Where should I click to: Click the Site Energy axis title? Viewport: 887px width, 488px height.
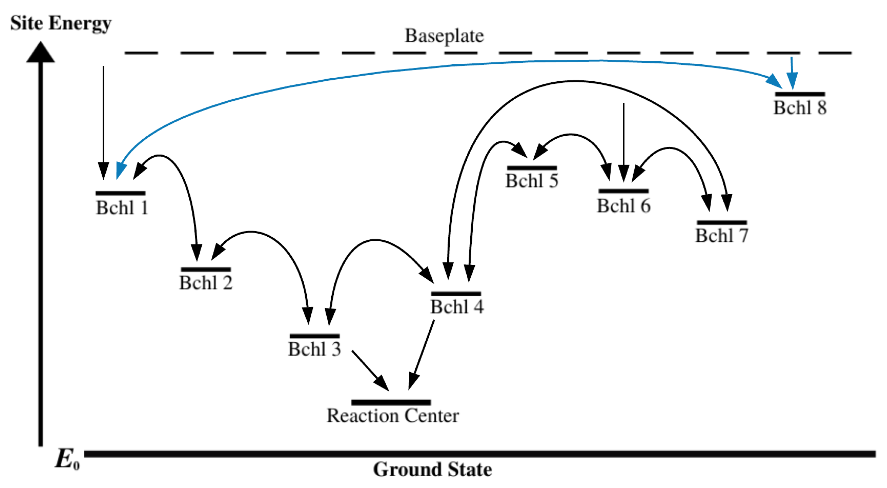[61, 23]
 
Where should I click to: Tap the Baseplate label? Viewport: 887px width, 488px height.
[444, 36]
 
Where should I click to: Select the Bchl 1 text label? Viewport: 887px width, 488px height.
[122, 208]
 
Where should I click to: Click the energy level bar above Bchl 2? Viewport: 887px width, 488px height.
[206, 269]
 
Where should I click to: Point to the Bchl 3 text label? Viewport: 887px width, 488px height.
[314, 349]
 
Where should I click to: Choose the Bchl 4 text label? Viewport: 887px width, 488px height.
[457, 307]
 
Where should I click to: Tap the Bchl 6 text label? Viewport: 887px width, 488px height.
[624, 206]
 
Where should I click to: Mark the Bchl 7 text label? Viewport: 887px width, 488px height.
[722, 236]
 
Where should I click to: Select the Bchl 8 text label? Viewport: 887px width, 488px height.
[800, 108]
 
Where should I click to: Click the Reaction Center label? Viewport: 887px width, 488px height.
[393, 416]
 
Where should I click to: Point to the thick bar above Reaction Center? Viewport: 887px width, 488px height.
[391, 402]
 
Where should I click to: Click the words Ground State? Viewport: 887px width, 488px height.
[433, 469]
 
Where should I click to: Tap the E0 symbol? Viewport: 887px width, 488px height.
[67, 460]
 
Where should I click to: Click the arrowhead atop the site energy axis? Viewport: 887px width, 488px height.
[41, 53]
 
